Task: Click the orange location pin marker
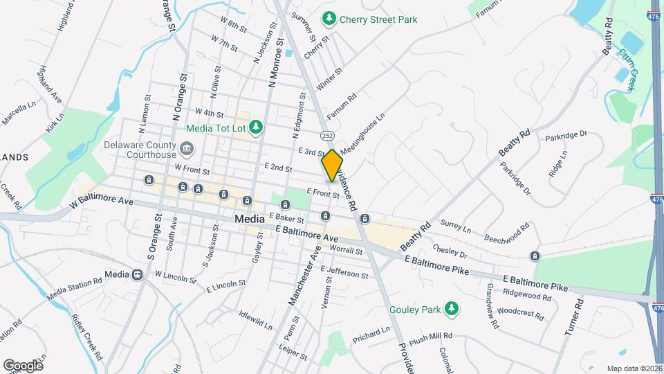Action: [x=332, y=165]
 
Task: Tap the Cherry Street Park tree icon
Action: [x=331, y=19]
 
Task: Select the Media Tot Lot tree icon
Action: [x=257, y=127]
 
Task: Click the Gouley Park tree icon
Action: [x=452, y=307]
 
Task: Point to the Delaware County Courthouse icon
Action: [x=186, y=149]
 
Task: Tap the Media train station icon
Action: [x=138, y=274]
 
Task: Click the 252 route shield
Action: [x=326, y=134]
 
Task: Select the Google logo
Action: [x=23, y=365]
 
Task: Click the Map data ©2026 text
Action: [x=634, y=368]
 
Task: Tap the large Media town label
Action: [x=250, y=219]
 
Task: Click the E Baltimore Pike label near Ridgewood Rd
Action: [x=535, y=283]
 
